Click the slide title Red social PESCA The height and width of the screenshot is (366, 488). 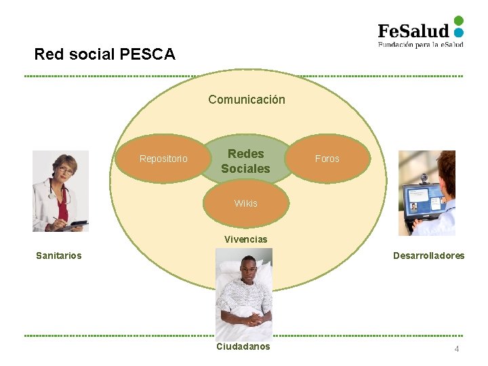pos(104,54)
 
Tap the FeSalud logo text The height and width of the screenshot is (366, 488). pos(413,30)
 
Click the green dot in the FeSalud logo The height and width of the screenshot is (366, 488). pos(459,20)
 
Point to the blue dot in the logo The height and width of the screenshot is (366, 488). pos(459,32)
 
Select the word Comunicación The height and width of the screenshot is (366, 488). pos(247,100)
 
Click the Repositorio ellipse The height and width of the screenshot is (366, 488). pos(163,159)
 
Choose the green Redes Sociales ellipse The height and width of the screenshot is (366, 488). pos(245,161)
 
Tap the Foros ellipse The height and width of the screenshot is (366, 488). pos(327,159)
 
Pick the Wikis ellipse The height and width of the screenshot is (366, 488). pos(246,203)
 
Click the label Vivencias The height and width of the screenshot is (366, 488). pos(246,239)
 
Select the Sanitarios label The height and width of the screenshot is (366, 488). pos(59,256)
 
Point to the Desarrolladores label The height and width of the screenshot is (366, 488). pos(429,256)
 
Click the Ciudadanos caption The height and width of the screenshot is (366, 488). pos(243,346)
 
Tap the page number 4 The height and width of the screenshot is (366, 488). pos(457,348)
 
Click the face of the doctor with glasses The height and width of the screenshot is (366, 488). pos(66,169)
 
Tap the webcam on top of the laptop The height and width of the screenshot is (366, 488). pos(424,178)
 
